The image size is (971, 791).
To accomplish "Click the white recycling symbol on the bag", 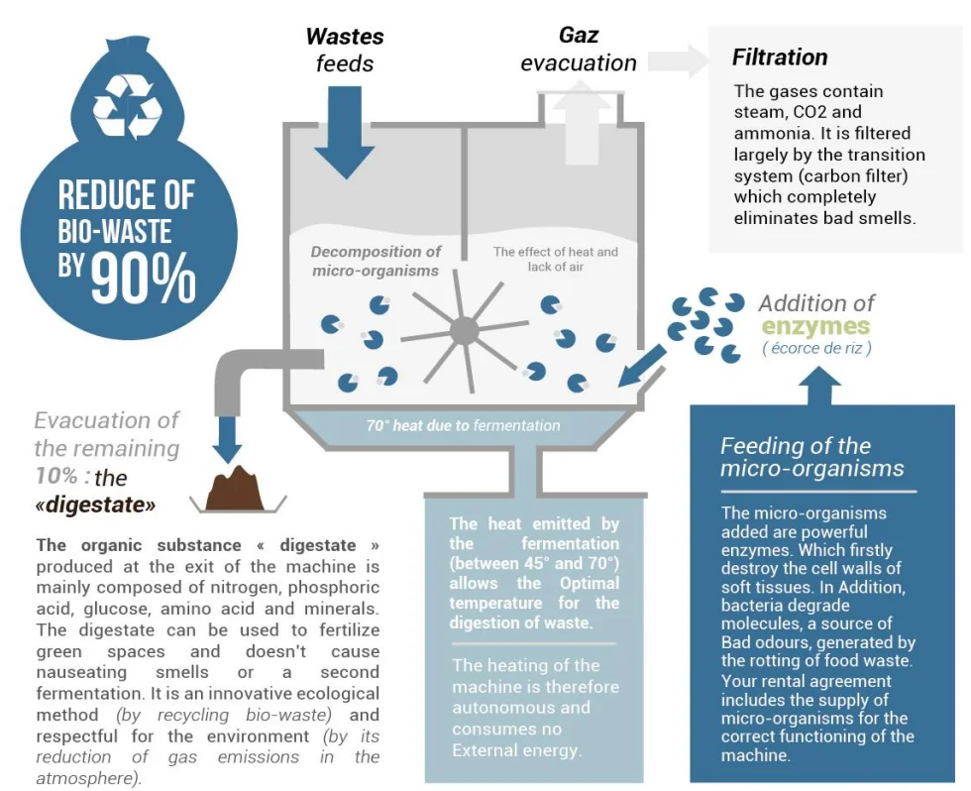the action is point(128,105).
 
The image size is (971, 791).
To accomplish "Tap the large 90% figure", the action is point(143,279).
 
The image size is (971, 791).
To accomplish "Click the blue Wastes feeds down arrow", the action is point(345,132).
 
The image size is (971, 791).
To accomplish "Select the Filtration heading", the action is point(780,56).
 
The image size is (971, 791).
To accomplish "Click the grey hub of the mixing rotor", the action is point(464,330).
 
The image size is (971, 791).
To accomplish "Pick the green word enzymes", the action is point(815,326).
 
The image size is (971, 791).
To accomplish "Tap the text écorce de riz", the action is point(816,348).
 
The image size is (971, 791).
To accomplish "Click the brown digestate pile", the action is point(235,490).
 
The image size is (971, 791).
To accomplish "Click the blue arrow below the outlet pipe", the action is point(227,439).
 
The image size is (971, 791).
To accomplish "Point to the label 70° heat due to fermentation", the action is point(464,425).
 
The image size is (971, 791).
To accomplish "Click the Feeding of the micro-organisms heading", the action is point(811,457).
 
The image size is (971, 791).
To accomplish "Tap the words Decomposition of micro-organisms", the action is point(376,261).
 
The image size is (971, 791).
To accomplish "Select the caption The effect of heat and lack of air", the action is point(556,259).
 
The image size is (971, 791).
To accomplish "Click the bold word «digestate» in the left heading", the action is point(95,505).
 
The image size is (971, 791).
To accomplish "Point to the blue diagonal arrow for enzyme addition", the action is point(642,366).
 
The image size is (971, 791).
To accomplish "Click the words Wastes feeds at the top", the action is point(345,50).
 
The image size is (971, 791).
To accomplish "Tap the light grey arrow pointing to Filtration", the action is point(678,60).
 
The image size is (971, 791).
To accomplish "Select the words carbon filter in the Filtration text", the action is point(854,175).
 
